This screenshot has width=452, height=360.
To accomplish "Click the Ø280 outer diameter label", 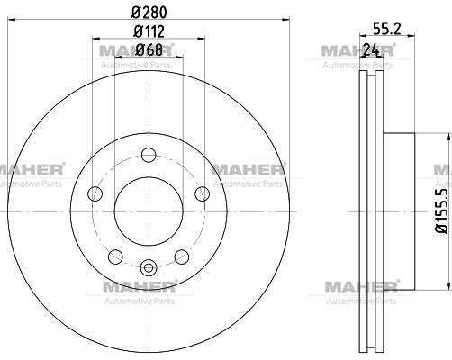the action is pyautogui.click(x=149, y=12).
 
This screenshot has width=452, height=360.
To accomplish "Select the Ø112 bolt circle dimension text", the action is pyautogui.click(x=149, y=31).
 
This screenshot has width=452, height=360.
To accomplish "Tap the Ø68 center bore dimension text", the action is pyautogui.click(x=149, y=49).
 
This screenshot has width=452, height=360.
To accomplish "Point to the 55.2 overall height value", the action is pyautogui.click(x=387, y=29).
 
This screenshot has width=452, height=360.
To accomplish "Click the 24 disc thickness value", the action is pyautogui.click(x=372, y=49).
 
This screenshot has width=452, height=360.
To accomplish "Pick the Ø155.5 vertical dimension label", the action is pyautogui.click(x=442, y=211).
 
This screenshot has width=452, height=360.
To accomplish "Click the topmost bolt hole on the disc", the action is pyautogui.click(x=149, y=155).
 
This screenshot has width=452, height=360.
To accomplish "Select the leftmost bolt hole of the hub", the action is pyautogui.click(x=95, y=193).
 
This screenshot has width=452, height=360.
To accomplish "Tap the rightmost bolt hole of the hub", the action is pyautogui.click(x=202, y=193).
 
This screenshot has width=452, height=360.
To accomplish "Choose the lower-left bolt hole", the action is pyautogui.click(x=115, y=257).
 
